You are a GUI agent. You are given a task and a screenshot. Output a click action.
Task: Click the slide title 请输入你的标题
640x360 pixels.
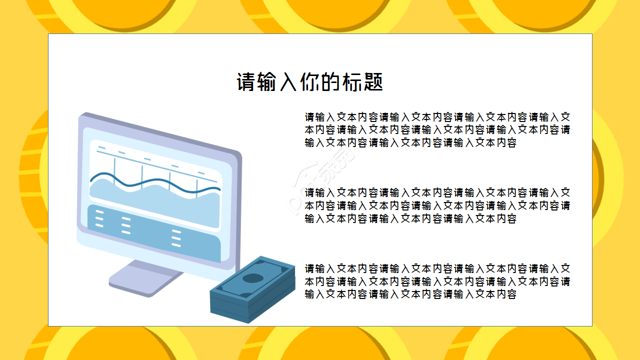point(309,82)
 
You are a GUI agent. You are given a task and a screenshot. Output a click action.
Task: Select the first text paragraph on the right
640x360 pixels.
point(437,130)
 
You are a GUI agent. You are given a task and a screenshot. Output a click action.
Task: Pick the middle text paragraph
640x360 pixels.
point(437,205)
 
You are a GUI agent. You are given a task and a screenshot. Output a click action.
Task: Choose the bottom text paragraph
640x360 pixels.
point(437,281)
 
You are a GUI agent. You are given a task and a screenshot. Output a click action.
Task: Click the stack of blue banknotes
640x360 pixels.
point(252,290)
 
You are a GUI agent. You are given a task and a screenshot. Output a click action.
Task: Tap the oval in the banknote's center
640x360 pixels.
point(252,278)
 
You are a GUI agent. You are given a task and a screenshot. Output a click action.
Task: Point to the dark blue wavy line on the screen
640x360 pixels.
point(155,183)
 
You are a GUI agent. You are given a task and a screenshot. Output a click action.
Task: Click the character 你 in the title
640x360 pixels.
point(309,82)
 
